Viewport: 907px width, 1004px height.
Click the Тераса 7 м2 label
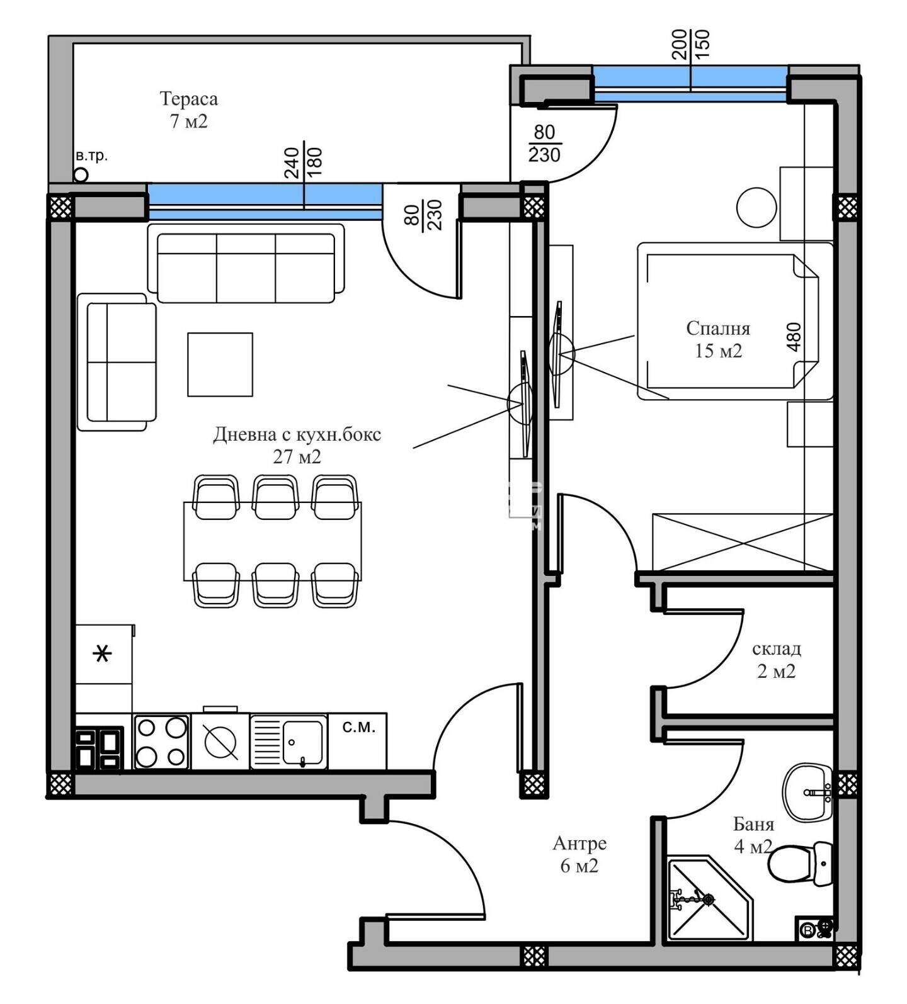pos(189,110)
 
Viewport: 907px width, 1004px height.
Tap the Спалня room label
pos(718,328)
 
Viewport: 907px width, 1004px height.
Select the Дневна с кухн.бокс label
pos(297,434)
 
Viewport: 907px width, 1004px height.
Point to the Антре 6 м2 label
pos(579,854)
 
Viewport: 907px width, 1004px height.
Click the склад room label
pos(776,648)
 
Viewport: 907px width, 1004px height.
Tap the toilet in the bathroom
pos(801,863)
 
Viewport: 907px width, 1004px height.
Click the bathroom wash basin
pos(808,792)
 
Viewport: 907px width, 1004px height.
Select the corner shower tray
pos(710,899)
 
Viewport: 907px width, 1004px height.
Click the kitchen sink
pos(289,742)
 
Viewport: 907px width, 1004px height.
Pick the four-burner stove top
pos(161,742)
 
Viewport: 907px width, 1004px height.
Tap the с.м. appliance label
pos(358,728)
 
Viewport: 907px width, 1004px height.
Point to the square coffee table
pos(220,364)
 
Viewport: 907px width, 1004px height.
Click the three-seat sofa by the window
pos(246,263)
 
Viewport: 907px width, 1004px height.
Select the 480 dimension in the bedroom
pos(794,337)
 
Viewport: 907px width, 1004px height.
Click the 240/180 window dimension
pos(304,163)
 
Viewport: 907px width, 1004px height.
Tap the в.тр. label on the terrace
pos(91,155)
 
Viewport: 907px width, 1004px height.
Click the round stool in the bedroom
pos(757,207)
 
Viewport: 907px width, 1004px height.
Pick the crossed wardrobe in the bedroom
pos(743,542)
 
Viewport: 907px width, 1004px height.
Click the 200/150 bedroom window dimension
pos(690,44)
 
